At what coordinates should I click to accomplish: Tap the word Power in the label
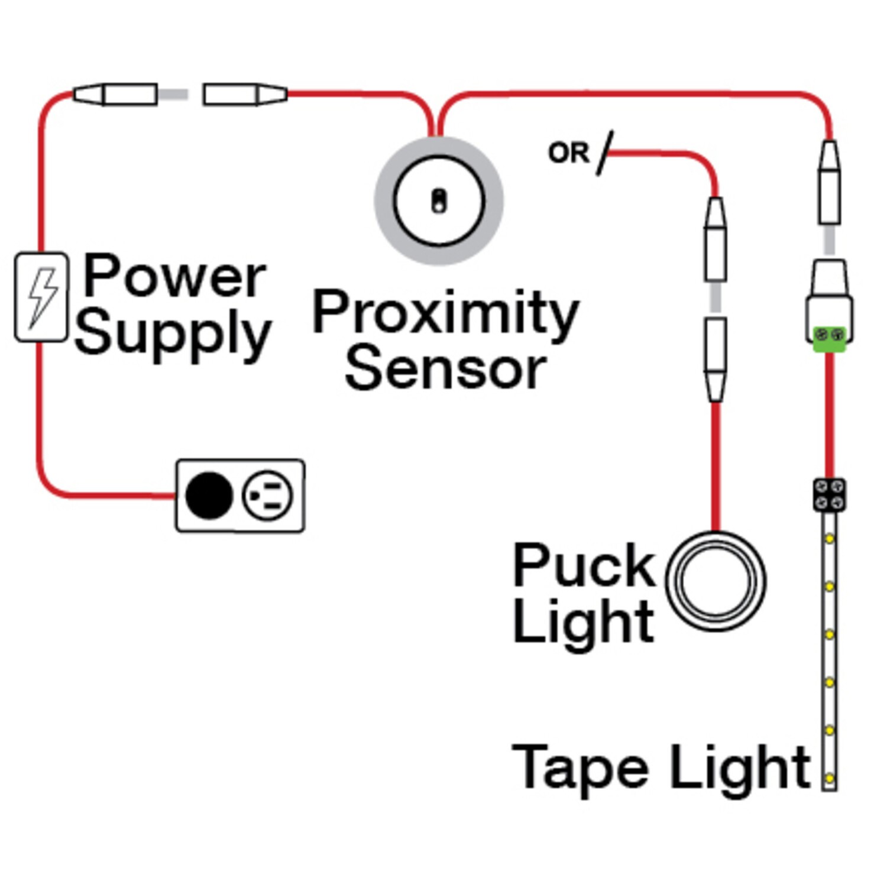[174, 276]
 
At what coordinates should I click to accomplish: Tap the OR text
[568, 153]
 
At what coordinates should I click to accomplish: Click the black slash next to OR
[604, 153]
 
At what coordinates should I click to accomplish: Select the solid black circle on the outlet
[209, 496]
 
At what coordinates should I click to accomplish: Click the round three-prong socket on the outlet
[267, 496]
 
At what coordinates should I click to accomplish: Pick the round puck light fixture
[716, 581]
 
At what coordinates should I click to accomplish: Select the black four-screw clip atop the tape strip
[829, 494]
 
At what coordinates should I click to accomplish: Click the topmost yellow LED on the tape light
[830, 539]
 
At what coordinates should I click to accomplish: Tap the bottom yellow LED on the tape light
[830, 778]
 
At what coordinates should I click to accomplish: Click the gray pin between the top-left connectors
[173, 95]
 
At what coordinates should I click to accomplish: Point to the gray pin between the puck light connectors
[716, 297]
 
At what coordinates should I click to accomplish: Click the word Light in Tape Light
[740, 768]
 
